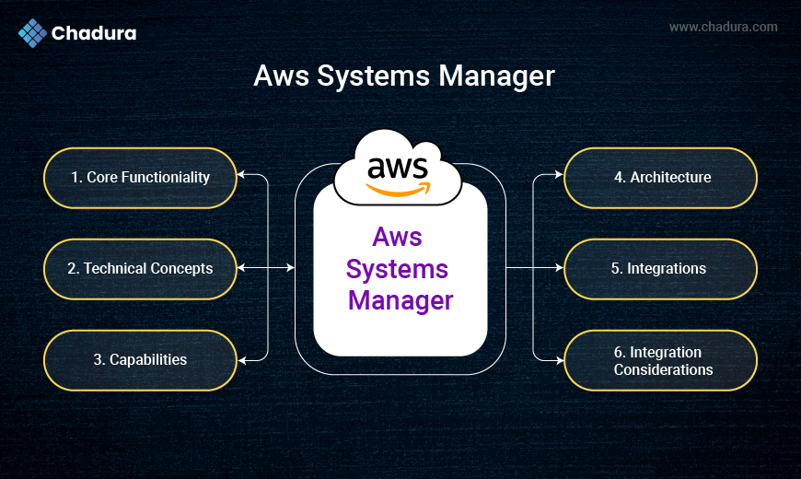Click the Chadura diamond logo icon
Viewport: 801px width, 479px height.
point(32,33)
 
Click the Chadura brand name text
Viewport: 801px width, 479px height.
point(95,34)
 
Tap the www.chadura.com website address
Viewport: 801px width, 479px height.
point(723,27)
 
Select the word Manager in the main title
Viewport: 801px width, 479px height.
point(497,76)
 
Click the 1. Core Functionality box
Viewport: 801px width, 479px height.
point(140,177)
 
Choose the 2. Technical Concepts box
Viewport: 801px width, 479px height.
point(140,268)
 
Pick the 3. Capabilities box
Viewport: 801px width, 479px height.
point(140,359)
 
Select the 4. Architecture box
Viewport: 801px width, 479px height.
point(660,177)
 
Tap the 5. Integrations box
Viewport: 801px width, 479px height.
point(660,268)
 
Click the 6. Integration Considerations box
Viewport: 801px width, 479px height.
point(660,359)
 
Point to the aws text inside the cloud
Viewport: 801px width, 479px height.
point(398,168)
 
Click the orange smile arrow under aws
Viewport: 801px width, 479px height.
point(399,190)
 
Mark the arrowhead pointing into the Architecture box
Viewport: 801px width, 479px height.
point(558,174)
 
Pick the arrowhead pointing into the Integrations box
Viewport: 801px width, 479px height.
point(558,268)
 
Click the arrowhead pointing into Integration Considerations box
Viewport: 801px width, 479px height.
point(558,359)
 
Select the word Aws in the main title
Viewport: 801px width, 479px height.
point(282,76)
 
